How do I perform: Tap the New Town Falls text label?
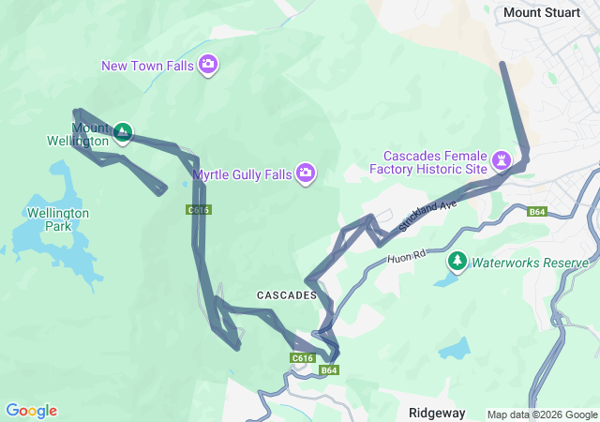click(x=148, y=65)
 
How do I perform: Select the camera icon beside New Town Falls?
click(x=208, y=65)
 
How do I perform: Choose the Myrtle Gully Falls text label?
click(x=242, y=173)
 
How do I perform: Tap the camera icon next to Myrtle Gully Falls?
click(x=306, y=173)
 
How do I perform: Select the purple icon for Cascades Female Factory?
click(x=502, y=160)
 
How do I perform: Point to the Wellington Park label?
click(x=58, y=219)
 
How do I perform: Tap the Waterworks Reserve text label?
click(x=530, y=263)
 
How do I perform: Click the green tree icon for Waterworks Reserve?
click(x=457, y=261)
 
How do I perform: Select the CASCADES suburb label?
click(x=287, y=294)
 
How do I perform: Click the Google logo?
click(x=31, y=411)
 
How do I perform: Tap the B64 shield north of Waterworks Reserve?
click(x=536, y=212)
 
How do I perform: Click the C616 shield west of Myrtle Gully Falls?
click(x=198, y=209)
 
